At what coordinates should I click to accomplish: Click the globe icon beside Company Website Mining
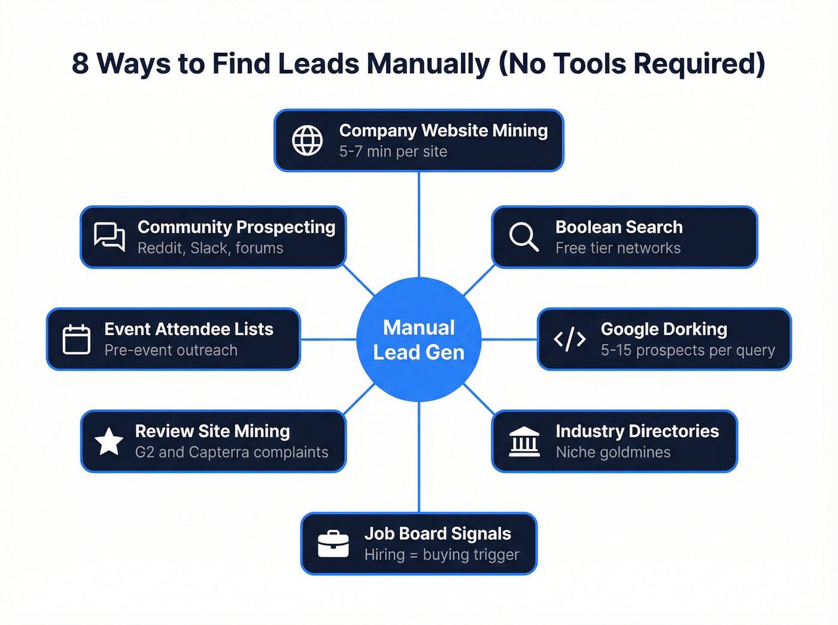[307, 141]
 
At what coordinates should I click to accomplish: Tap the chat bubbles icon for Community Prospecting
[110, 237]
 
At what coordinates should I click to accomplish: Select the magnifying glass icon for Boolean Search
[524, 237]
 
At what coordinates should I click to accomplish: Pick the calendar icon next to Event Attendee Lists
[77, 339]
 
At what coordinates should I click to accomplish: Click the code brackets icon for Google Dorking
[570, 339]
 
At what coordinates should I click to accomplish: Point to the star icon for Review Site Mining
[109, 441]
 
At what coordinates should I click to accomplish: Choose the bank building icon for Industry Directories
[524, 441]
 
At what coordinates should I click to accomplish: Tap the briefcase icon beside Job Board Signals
[333, 544]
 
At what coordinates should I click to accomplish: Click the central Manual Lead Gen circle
[419, 340]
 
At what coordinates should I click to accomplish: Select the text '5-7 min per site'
[393, 152]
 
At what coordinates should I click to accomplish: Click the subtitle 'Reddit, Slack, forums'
[210, 248]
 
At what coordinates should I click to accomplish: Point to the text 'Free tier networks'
[618, 248]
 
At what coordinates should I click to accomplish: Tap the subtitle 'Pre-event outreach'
[171, 350]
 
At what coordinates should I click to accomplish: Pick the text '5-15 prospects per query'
[688, 350]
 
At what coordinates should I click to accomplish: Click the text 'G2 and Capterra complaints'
[232, 453]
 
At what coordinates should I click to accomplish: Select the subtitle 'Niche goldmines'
[613, 453]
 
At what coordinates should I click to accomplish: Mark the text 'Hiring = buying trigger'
[442, 555]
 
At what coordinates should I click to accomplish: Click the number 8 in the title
[80, 63]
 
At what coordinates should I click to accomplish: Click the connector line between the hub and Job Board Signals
[419, 458]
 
